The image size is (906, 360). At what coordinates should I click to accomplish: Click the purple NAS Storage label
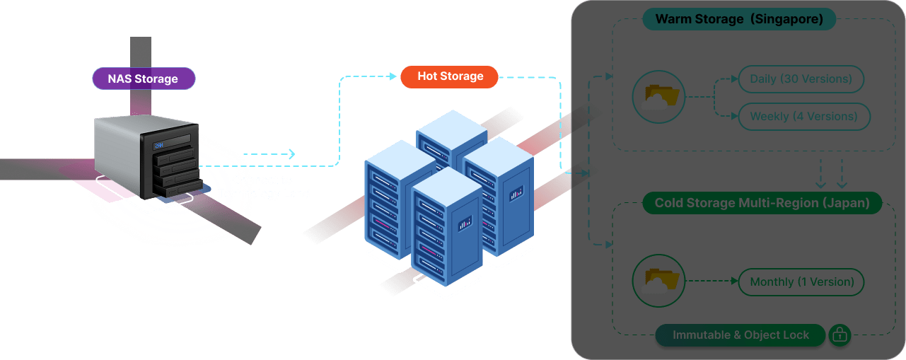tap(143, 79)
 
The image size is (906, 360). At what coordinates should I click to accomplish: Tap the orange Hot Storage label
tap(450, 76)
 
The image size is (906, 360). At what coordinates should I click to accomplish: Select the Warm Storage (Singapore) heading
tap(739, 19)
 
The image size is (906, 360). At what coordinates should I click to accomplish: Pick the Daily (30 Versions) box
tap(801, 79)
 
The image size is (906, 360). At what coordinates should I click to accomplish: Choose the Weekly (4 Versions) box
tap(803, 117)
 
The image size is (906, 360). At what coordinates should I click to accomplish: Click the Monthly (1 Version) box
tap(801, 282)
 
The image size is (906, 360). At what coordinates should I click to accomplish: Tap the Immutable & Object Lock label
tap(741, 335)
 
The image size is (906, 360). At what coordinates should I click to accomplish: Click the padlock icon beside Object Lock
tap(840, 335)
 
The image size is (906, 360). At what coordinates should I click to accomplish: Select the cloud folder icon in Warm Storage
tap(658, 98)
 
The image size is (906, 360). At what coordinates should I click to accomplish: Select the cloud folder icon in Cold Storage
tap(658, 281)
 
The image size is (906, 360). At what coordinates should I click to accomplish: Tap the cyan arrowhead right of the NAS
tap(291, 154)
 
